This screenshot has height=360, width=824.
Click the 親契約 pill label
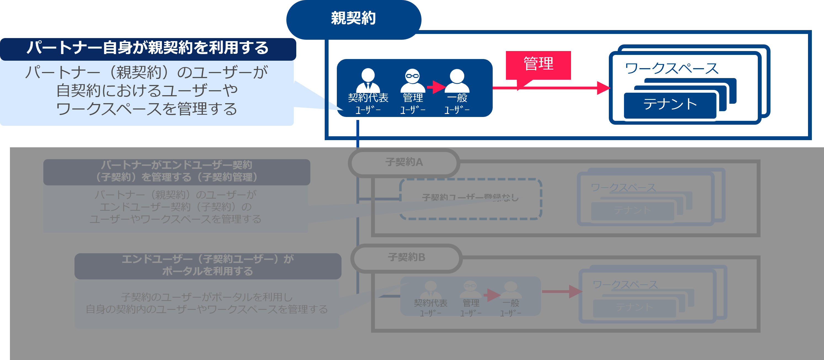[353, 18]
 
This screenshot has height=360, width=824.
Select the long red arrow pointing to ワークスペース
[550, 88]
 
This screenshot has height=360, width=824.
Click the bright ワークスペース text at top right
[671, 68]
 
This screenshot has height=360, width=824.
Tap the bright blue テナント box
[670, 105]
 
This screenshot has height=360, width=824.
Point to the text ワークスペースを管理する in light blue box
[146, 109]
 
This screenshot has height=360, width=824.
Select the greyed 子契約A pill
[404, 162]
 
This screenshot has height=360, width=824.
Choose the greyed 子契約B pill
[406, 258]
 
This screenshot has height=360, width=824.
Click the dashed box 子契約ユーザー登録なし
[470, 198]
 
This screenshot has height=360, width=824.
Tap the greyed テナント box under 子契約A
[632, 210]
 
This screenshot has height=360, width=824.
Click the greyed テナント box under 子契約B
[634, 308]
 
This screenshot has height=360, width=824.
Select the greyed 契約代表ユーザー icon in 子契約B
[430, 290]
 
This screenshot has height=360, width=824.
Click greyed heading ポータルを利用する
[207, 271]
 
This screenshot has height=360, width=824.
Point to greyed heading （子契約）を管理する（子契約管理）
[177, 177]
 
